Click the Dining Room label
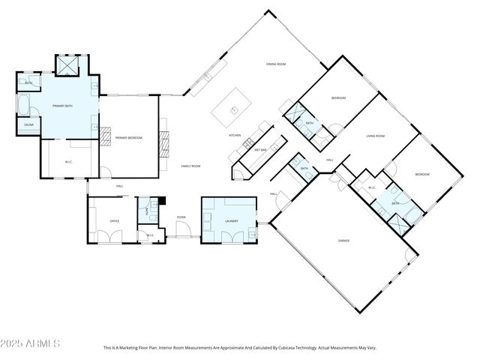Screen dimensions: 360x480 [276, 64]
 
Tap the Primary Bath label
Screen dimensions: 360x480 [62, 106]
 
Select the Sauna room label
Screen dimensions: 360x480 [28, 124]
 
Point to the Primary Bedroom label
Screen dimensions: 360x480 [129, 138]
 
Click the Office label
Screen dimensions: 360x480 [115, 221]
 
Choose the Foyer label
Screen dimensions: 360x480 [181, 217]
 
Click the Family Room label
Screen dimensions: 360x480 [190, 166]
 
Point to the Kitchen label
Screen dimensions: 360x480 [235, 135]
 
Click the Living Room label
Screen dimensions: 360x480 [375, 136]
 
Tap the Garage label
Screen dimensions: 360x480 [343, 241]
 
